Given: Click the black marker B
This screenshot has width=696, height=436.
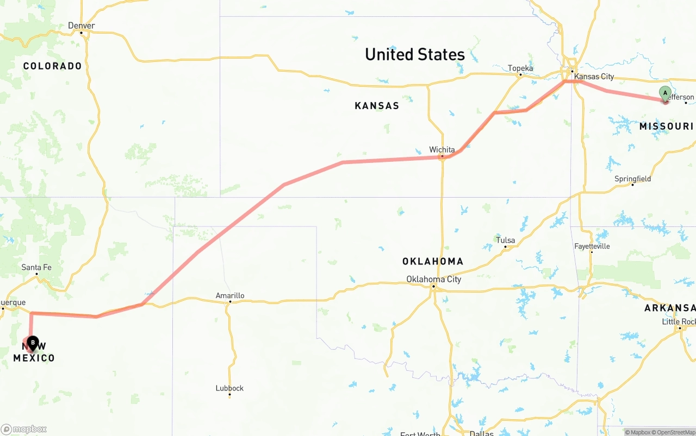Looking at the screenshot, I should (x=33, y=343).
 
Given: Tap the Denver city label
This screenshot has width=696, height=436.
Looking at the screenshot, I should (x=82, y=26).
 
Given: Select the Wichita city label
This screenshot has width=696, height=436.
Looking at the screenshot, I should (x=442, y=149).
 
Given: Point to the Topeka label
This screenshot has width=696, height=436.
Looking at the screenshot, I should (x=520, y=68).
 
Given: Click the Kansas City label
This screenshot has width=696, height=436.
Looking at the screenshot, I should (x=594, y=77).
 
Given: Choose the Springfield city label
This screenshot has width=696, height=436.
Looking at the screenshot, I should (x=632, y=179).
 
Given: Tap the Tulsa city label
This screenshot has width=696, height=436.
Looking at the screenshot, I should (x=505, y=240).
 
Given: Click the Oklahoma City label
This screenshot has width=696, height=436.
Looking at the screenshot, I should (x=433, y=279).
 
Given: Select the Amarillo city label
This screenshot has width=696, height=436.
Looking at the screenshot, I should (x=229, y=295).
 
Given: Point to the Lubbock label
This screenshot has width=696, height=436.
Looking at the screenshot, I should (x=229, y=388).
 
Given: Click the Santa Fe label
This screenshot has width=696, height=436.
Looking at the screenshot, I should (x=36, y=267).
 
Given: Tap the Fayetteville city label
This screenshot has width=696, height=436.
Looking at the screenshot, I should (x=592, y=246).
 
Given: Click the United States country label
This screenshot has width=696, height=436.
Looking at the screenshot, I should (x=414, y=54).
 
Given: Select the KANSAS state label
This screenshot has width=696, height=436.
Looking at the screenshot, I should (x=377, y=106).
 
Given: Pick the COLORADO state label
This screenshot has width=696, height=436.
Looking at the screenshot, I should (x=52, y=66).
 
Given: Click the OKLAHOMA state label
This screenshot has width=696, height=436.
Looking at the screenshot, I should (x=433, y=262).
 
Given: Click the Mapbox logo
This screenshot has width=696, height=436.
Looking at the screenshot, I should (x=24, y=429).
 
